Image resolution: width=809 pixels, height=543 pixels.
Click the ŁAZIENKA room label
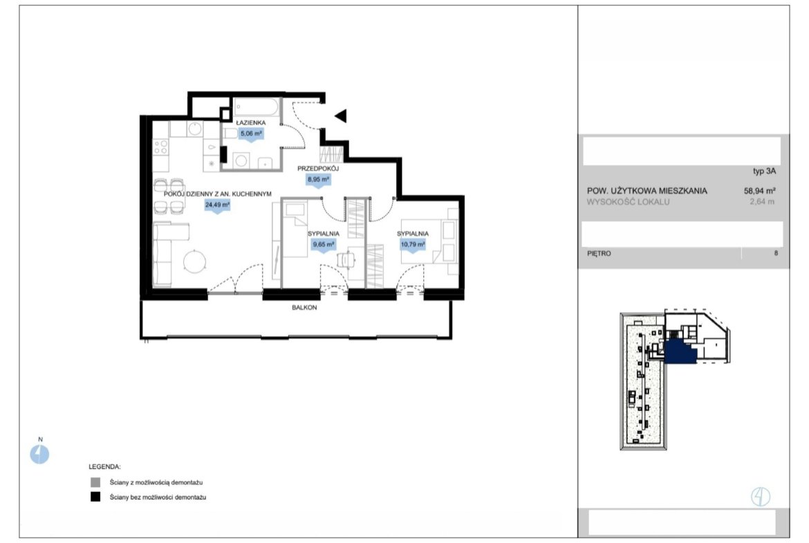click(x=251, y=123)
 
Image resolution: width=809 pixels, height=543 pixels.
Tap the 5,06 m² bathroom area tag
click(x=251, y=134)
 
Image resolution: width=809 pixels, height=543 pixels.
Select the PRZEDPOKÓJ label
click(x=318, y=169)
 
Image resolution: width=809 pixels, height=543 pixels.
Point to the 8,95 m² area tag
click(x=318, y=180)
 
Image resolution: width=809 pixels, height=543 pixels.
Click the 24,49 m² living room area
click(x=217, y=205)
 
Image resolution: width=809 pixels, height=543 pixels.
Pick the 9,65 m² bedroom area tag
click(x=324, y=245)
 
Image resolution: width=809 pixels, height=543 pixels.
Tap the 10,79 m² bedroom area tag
click(x=413, y=245)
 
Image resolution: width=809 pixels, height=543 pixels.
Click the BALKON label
click(x=304, y=308)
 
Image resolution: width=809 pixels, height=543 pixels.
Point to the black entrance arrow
click(x=340, y=116)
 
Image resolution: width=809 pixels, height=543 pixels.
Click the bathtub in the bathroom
click(x=257, y=108)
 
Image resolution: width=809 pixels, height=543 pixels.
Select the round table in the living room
click(x=195, y=261)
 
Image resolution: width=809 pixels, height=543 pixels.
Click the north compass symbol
click(x=39, y=454)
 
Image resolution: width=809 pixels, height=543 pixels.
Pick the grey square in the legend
click(x=95, y=483)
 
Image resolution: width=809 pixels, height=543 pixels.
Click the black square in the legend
click(x=95, y=497)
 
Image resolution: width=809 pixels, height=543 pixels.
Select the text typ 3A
click(x=764, y=172)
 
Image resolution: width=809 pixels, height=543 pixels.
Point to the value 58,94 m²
click(x=759, y=190)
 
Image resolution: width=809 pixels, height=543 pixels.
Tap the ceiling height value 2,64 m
click(x=762, y=202)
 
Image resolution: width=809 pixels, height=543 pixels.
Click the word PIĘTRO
click(x=599, y=253)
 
